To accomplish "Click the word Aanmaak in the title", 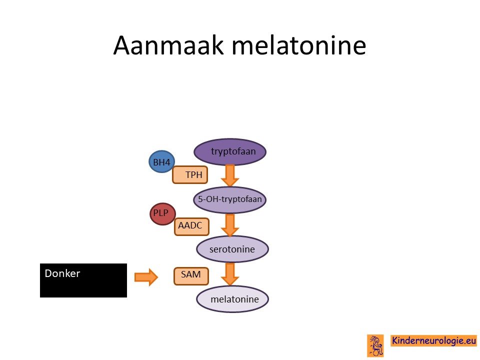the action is click(168, 45).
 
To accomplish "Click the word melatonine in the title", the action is click(299, 45).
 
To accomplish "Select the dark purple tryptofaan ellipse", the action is click(230, 151).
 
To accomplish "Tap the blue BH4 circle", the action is click(161, 161).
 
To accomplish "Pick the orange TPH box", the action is click(190, 175).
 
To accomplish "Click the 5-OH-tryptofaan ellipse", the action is click(230, 199).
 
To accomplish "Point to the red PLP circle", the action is click(163, 214).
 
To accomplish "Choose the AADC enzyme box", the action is click(191, 226).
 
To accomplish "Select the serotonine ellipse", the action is click(232, 249).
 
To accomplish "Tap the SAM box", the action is click(191, 276).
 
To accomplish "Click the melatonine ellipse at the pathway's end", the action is click(232, 299).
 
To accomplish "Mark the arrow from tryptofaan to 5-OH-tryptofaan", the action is click(230, 175).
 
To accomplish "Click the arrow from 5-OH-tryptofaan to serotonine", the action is click(230, 225).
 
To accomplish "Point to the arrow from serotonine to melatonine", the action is click(230, 274).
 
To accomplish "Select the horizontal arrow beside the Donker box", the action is click(146, 277).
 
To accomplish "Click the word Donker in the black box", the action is click(62, 273).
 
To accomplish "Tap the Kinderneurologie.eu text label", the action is click(434, 340).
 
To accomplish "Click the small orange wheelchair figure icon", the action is click(375, 345).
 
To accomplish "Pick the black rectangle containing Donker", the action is click(83, 280).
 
